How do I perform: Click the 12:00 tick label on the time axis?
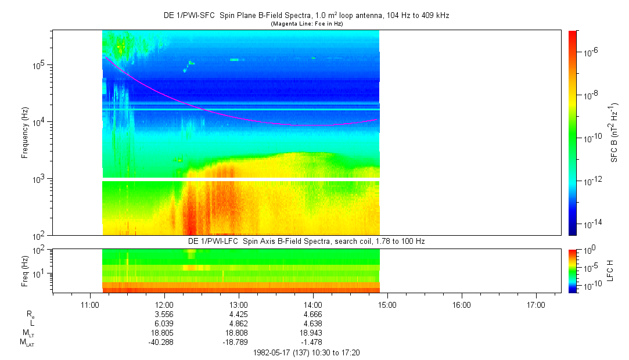coord(164,304)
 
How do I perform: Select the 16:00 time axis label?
coord(461,304)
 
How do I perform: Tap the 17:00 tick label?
coord(535,304)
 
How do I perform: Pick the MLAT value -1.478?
coord(313,342)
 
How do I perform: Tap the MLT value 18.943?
coord(313,333)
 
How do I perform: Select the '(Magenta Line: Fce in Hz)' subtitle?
coord(307,24)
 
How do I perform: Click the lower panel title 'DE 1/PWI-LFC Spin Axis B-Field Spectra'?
coord(307,241)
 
